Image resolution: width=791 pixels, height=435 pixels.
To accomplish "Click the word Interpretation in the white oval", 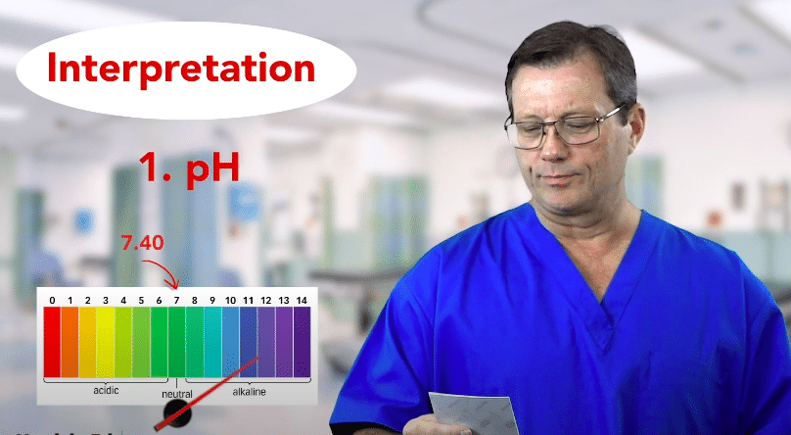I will coord(181,70).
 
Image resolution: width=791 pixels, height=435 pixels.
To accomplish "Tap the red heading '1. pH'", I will coord(188,167).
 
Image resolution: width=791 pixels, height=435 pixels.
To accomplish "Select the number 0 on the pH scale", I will coord(52,299).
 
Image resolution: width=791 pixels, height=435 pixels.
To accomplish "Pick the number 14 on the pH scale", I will coord(302,299).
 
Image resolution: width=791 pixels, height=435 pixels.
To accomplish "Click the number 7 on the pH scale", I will coord(176,299).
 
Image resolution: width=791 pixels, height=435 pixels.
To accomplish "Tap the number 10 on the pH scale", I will coord(230,299).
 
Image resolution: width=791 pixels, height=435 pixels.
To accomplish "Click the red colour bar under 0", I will coord(52,341).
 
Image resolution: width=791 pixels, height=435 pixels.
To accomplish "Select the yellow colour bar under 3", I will coord(105,341).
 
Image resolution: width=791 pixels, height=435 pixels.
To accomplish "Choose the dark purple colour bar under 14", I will coord(302,341).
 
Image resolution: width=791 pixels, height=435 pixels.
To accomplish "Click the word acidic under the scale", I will coord(107,391).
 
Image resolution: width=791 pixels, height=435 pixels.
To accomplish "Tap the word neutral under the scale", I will coord(177,394).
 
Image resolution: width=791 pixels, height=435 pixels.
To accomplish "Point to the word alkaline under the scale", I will coord(249,391).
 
